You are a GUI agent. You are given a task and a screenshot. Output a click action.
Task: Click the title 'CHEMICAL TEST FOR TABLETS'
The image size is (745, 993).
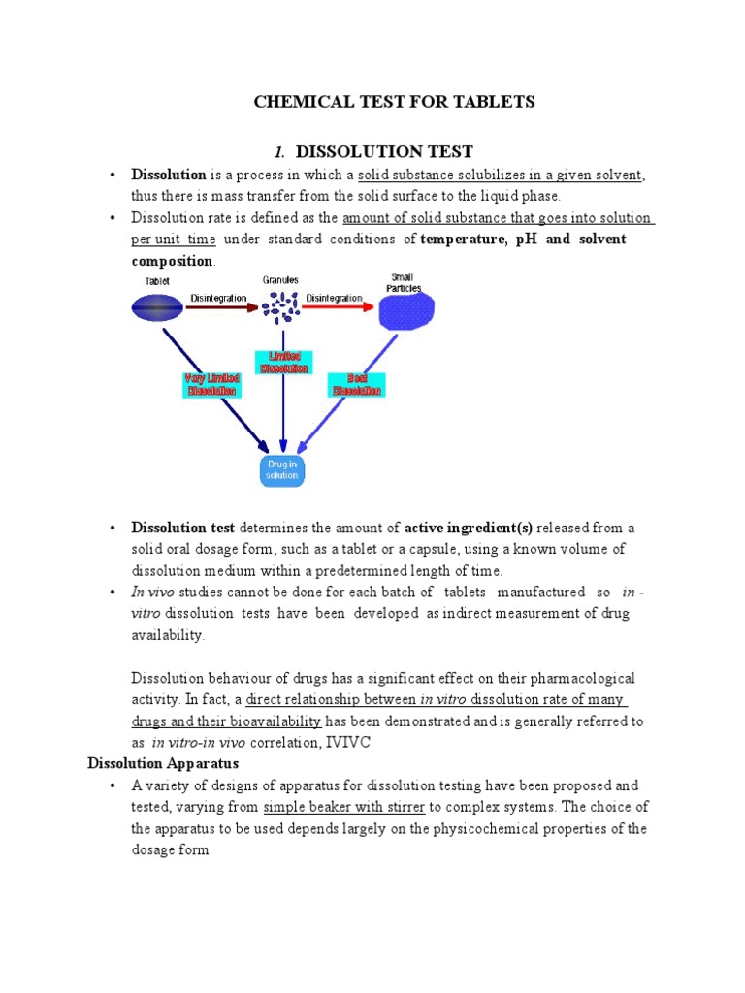coord(394,102)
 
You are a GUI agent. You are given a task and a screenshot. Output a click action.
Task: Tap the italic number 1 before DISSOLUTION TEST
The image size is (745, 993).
coord(278,151)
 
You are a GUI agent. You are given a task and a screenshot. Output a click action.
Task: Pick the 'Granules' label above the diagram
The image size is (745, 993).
coord(280,280)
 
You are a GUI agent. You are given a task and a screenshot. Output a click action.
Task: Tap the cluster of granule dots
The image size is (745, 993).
coord(280,308)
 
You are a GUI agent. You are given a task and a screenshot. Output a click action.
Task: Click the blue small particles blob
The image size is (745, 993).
coord(405,310)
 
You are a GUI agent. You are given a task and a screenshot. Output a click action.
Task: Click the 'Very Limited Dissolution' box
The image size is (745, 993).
coord(211,384)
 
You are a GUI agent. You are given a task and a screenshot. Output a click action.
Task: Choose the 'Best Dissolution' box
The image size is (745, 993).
coord(357,384)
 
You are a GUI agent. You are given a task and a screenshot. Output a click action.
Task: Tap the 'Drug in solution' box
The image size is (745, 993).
coord(281,470)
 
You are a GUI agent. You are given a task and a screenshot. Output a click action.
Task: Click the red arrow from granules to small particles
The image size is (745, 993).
coord(337,307)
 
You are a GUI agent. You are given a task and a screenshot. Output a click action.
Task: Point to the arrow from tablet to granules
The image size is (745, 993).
coord(221,308)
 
